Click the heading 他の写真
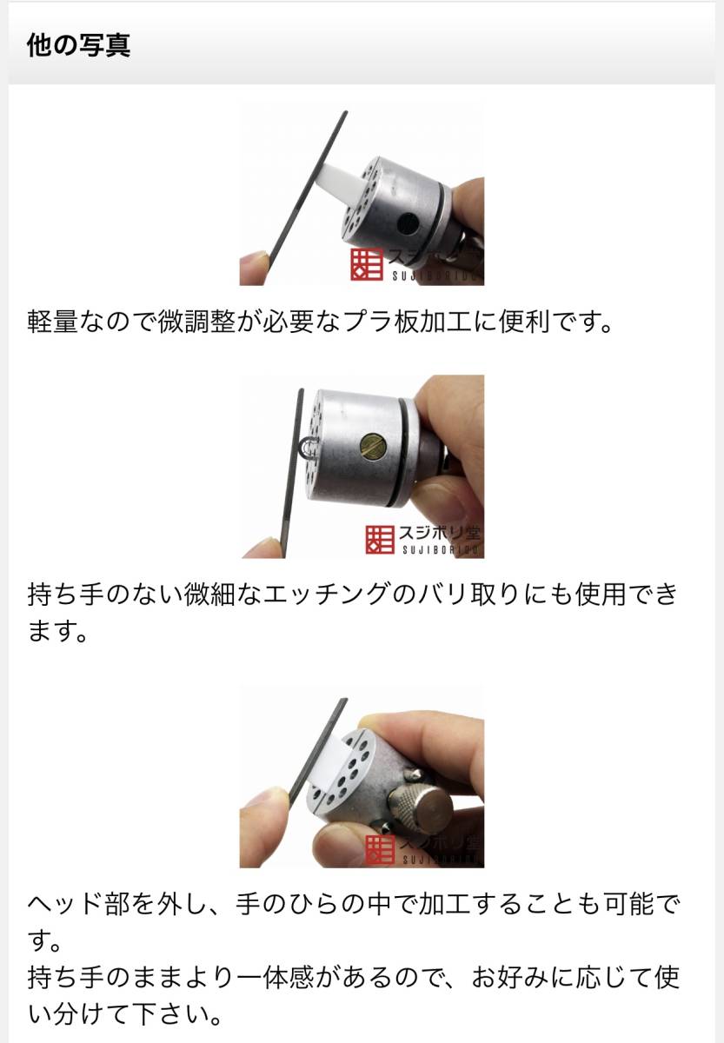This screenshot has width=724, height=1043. (78, 45)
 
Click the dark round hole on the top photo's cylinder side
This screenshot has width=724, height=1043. (408, 224)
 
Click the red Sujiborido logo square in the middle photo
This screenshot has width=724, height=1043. (380, 540)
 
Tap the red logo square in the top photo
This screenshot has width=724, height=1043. (367, 264)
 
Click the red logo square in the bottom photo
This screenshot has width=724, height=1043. (380, 849)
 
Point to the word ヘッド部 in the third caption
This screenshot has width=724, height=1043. (79, 905)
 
